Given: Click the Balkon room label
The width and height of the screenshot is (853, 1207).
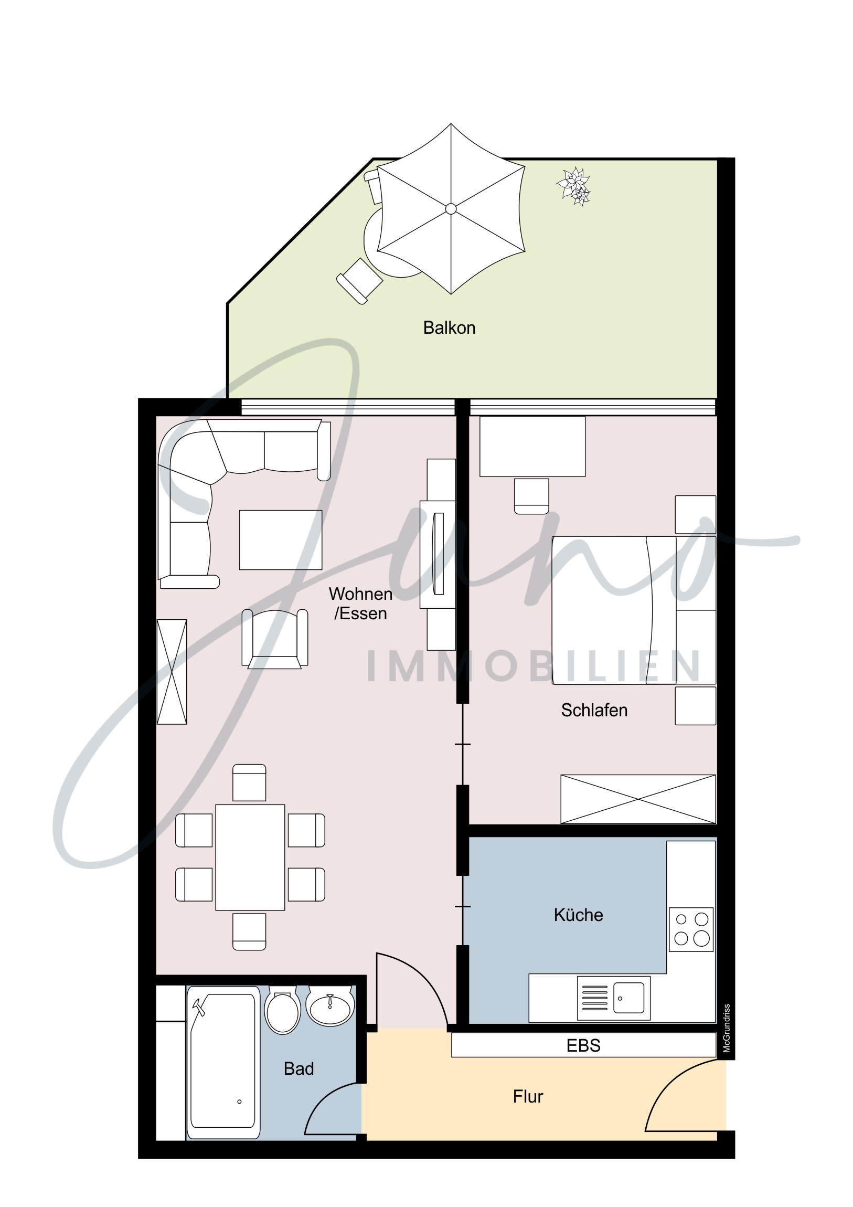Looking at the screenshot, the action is click(450, 328).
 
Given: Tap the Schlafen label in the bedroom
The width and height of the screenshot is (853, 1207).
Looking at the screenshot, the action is click(594, 710).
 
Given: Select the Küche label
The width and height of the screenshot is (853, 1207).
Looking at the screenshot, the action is click(578, 915).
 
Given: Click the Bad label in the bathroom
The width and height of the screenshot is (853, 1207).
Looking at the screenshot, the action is click(298, 1069).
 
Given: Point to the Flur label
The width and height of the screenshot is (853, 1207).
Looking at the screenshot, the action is click(528, 1097).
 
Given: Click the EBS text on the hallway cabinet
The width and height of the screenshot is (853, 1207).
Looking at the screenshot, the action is click(583, 1045).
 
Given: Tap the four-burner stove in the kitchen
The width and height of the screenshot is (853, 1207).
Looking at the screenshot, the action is click(691, 929).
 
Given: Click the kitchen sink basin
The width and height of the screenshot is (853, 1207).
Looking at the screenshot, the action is click(628, 998).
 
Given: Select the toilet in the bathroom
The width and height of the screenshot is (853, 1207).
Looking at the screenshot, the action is click(283, 1011).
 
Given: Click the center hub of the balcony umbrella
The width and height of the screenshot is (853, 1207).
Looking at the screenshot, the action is click(451, 209).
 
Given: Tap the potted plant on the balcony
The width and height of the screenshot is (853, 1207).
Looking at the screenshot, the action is click(574, 187).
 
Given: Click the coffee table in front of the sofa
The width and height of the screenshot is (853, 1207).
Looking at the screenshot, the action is click(281, 540).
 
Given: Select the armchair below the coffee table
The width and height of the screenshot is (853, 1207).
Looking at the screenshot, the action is click(275, 639).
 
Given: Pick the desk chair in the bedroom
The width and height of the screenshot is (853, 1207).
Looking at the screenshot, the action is click(531, 496).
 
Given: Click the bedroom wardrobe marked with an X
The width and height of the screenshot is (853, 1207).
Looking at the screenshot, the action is click(638, 799).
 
